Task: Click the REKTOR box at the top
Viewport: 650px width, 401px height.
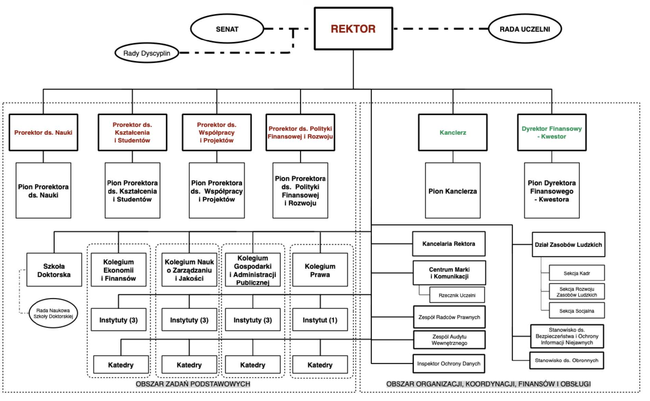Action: [353, 29]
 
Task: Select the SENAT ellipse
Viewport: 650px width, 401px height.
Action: [227, 29]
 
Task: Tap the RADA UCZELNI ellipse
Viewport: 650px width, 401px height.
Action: [525, 29]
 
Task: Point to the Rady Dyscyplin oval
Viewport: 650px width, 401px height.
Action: [147, 53]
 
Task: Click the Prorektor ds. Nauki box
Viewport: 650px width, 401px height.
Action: [43, 132]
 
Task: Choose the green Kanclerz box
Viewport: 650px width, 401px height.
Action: [452, 132]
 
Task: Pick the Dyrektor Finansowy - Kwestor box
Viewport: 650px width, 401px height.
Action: [552, 132]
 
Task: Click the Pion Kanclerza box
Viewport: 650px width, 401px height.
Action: [452, 191]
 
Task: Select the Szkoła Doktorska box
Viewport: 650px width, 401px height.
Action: [54, 270]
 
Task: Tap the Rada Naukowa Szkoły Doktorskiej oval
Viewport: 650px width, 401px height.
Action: [53, 313]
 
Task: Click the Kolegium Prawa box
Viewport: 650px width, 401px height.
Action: [320, 270]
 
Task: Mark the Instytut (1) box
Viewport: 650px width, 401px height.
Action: [320, 320]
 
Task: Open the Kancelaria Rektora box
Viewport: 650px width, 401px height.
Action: [448, 244]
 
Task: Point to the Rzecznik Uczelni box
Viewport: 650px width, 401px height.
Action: [457, 295]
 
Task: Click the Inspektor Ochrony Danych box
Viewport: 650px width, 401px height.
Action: [448, 363]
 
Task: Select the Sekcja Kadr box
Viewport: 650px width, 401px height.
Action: [577, 273]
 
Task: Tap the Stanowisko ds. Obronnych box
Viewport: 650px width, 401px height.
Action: [566, 360]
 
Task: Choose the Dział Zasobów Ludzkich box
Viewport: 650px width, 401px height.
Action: [568, 245]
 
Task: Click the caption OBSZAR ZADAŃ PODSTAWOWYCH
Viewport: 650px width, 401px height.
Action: [193, 384]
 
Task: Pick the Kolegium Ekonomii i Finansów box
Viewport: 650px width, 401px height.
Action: [118, 270]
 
